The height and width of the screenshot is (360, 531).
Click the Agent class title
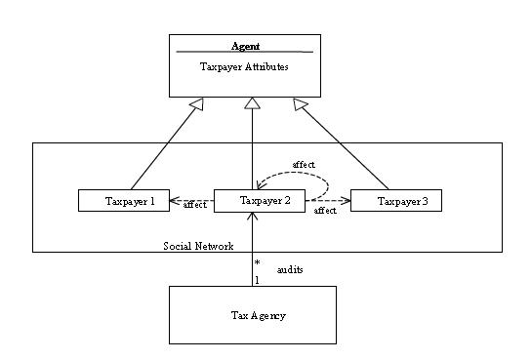(x=245, y=47)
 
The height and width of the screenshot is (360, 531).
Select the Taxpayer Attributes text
(x=244, y=66)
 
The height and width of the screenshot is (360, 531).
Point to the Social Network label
(x=198, y=246)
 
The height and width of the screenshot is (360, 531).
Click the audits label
(x=290, y=270)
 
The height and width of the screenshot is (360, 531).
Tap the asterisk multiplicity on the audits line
(x=258, y=262)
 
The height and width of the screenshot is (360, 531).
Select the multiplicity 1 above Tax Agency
(x=257, y=280)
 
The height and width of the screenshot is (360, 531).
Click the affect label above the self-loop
(x=304, y=165)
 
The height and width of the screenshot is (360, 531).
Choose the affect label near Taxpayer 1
(x=194, y=205)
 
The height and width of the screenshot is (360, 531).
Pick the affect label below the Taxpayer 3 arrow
(x=325, y=211)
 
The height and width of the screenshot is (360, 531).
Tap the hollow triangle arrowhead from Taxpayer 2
(x=252, y=103)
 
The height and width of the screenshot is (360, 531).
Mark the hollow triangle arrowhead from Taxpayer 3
(x=300, y=103)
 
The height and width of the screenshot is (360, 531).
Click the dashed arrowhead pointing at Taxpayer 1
(x=175, y=201)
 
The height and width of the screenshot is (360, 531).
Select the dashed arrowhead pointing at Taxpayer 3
(x=346, y=201)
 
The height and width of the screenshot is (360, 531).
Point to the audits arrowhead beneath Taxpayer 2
(x=252, y=216)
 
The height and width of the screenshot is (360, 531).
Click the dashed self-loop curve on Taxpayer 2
(x=328, y=185)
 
